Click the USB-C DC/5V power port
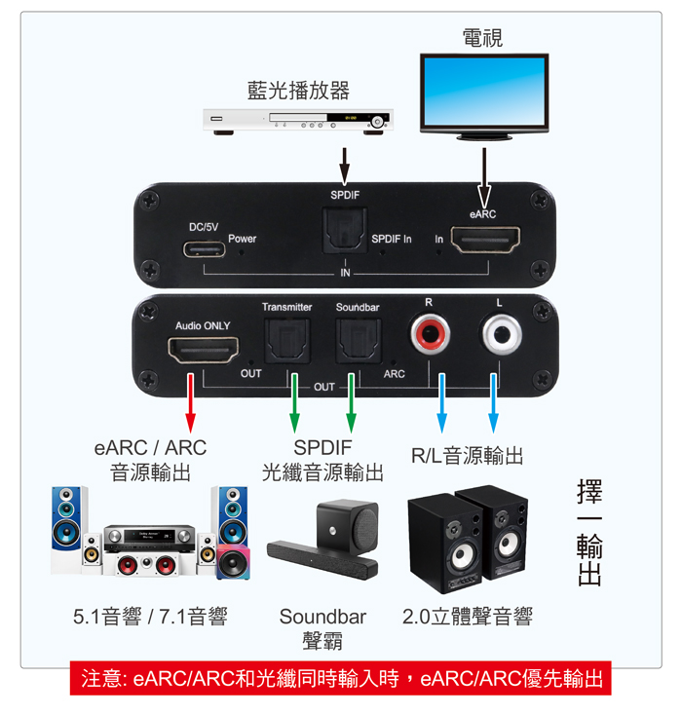pos(204,249)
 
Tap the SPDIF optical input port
pos(345,230)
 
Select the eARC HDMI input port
pos(485,240)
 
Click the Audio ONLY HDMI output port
pos(203,350)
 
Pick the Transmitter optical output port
pos(287,341)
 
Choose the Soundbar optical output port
pos(359,341)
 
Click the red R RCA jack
pos(430,335)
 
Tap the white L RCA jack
pos(502,335)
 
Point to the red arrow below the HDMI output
pos(191,402)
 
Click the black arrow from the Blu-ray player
pos(345,167)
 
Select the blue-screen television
pos(484,96)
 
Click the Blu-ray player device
pos(298,122)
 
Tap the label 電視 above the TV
pos(482,38)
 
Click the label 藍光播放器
pos(298,91)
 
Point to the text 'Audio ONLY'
pos(203,326)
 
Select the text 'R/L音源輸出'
pos(467,456)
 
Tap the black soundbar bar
pos(322,559)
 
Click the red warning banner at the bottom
pos(341,678)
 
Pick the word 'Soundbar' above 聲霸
pos(323,617)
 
